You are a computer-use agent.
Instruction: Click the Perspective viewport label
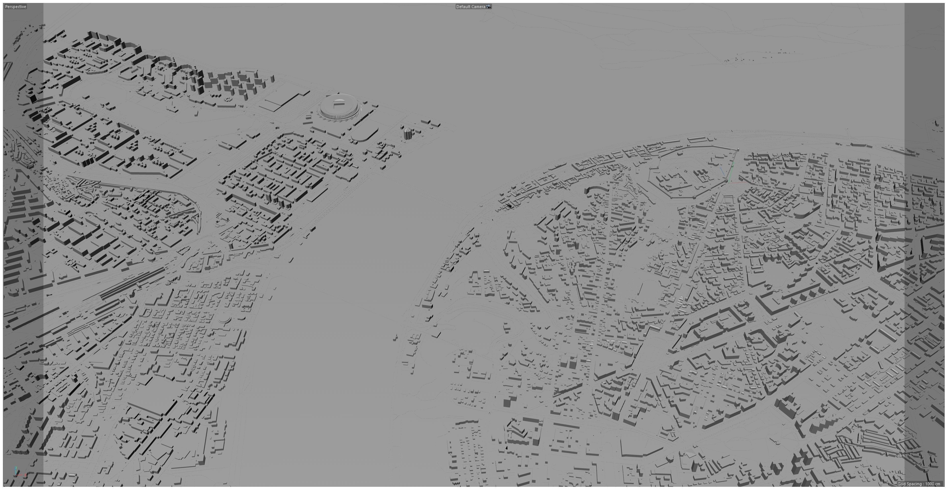tap(15, 7)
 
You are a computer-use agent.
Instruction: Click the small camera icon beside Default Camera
tap(488, 7)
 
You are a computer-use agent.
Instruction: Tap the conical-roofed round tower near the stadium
tap(407, 133)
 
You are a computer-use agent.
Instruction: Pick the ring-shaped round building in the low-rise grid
tap(223, 320)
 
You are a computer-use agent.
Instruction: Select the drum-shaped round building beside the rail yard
tap(151, 258)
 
